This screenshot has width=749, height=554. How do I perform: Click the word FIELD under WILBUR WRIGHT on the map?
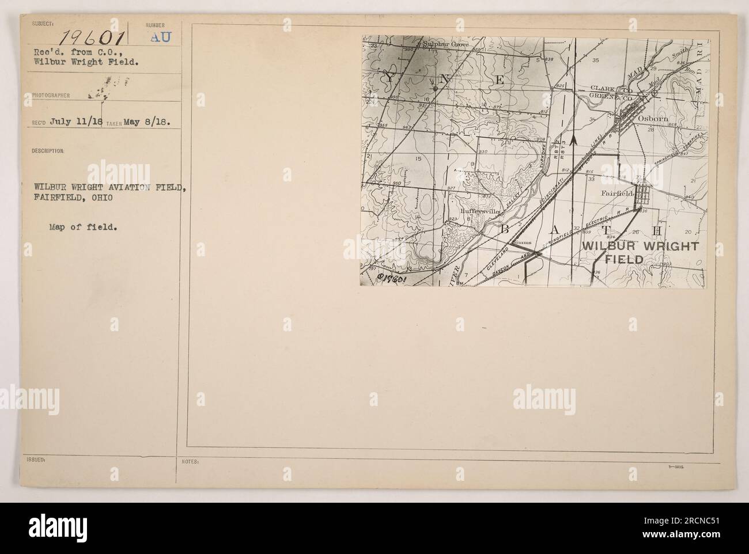coord(627,260)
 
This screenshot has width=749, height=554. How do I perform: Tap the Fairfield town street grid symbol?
coord(643,198)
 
